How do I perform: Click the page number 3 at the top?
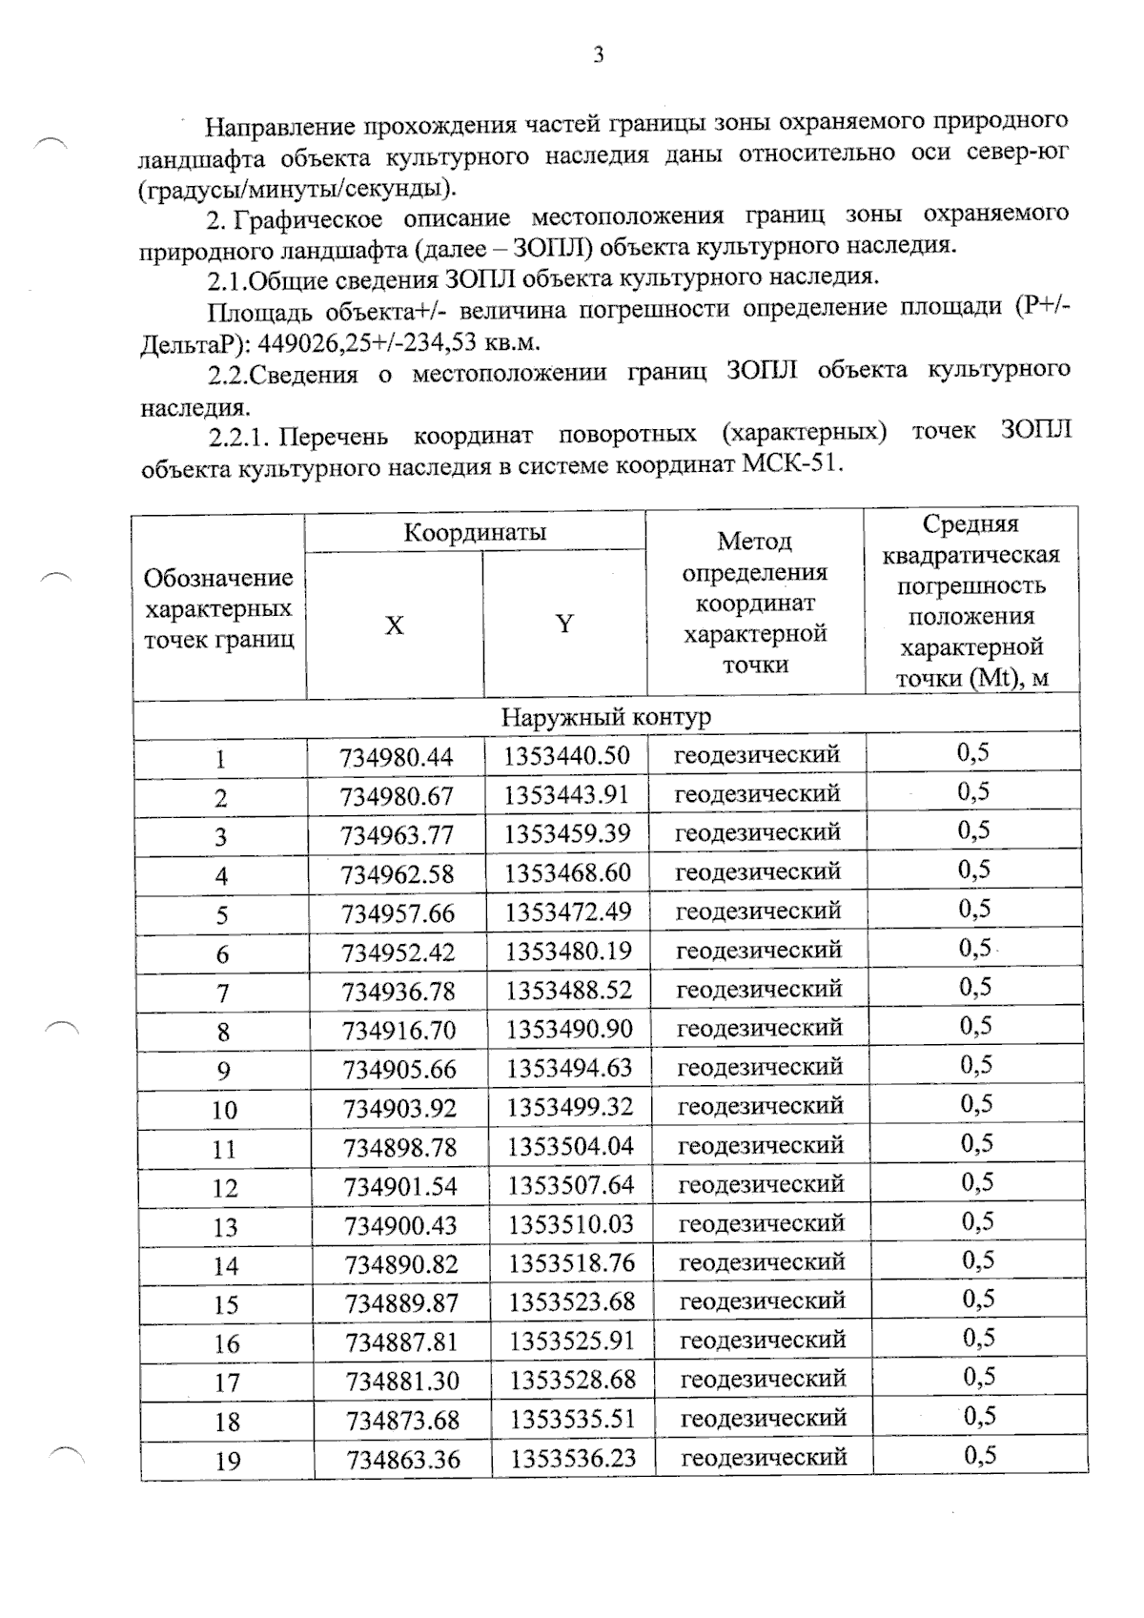click(598, 55)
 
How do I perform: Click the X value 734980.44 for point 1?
click(396, 758)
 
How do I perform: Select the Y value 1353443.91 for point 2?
click(567, 795)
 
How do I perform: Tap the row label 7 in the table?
click(222, 993)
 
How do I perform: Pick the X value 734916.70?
click(398, 1031)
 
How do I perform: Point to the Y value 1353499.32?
click(570, 1107)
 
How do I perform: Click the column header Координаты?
click(475, 532)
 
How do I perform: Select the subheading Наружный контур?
click(605, 716)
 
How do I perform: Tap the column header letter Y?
click(564, 625)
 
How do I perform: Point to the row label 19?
click(228, 1461)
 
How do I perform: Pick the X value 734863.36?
click(403, 1460)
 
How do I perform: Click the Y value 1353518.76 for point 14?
click(571, 1263)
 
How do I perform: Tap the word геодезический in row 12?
click(761, 1184)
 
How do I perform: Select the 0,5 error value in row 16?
click(978, 1338)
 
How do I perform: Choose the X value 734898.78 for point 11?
click(399, 1147)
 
